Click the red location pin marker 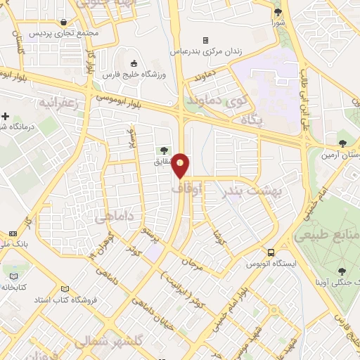point(181,165)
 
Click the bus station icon point(271,252)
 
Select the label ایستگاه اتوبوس point(267,264)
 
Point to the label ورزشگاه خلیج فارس point(147,75)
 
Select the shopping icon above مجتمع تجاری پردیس point(65,22)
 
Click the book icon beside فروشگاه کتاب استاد point(65,289)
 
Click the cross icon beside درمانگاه point(6,116)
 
